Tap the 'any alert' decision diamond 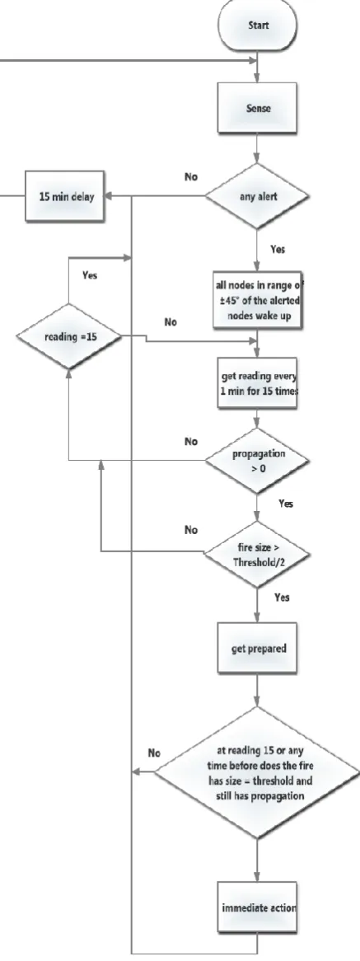click(x=256, y=197)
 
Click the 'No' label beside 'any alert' click(x=192, y=176)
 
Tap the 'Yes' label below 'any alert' click(x=277, y=250)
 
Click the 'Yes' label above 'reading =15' click(x=89, y=275)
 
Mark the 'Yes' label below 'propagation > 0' click(x=286, y=504)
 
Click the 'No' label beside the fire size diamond click(x=192, y=531)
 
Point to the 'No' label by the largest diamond click(x=155, y=752)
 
